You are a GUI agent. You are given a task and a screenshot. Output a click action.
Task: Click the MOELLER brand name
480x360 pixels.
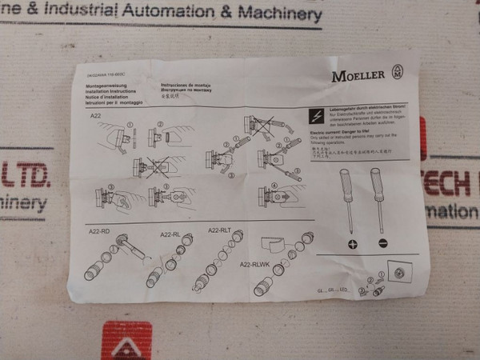358,75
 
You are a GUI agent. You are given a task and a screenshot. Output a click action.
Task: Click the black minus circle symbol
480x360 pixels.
382,243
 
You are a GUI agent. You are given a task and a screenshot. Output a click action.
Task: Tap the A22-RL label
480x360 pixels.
171,234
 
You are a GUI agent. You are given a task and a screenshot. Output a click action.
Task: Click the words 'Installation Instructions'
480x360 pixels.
106,92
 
